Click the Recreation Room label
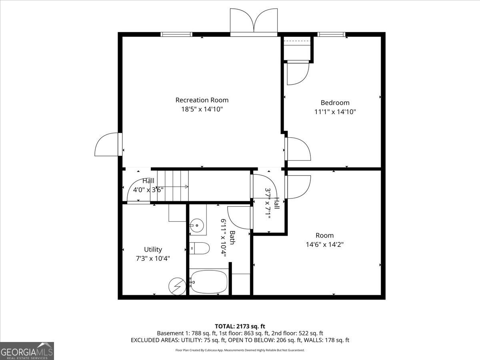click(202, 100)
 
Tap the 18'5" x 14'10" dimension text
click(202, 109)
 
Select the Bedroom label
click(335, 103)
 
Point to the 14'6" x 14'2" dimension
click(324, 244)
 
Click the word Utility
click(153, 250)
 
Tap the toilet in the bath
click(199, 249)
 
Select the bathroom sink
click(197, 226)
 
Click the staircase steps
click(172, 186)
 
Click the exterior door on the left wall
click(107, 145)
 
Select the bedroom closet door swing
click(297, 73)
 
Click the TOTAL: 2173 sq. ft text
click(240, 326)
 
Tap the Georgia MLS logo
click(27, 351)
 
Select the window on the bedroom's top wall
click(331, 34)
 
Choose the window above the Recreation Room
click(176, 34)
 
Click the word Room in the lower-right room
click(324, 236)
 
